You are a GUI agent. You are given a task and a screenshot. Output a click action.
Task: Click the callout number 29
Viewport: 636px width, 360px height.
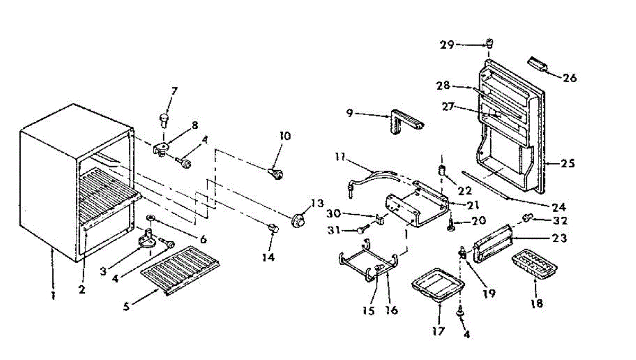point(447,45)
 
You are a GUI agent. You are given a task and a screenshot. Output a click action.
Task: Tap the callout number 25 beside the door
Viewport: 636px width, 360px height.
point(568,164)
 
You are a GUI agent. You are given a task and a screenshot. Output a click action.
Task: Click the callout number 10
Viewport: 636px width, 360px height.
point(285,136)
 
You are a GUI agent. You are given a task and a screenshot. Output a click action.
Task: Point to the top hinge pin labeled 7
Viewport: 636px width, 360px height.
point(164,119)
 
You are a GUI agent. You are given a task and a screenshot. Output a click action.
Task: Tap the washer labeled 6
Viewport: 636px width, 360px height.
point(152,218)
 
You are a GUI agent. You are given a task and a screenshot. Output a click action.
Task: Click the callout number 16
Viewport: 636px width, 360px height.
point(392,310)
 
